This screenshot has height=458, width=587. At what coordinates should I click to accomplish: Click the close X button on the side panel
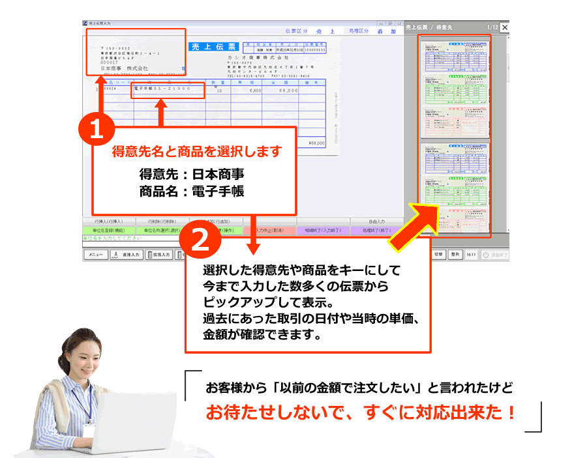pos(504,27)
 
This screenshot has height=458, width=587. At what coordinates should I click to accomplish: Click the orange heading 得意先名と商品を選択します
pos(197,152)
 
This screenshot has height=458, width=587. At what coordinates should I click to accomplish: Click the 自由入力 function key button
pos(376,222)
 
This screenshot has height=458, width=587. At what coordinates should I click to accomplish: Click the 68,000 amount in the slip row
pos(288,91)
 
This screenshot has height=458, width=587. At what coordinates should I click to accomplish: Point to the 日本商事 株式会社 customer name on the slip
pos(125,68)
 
